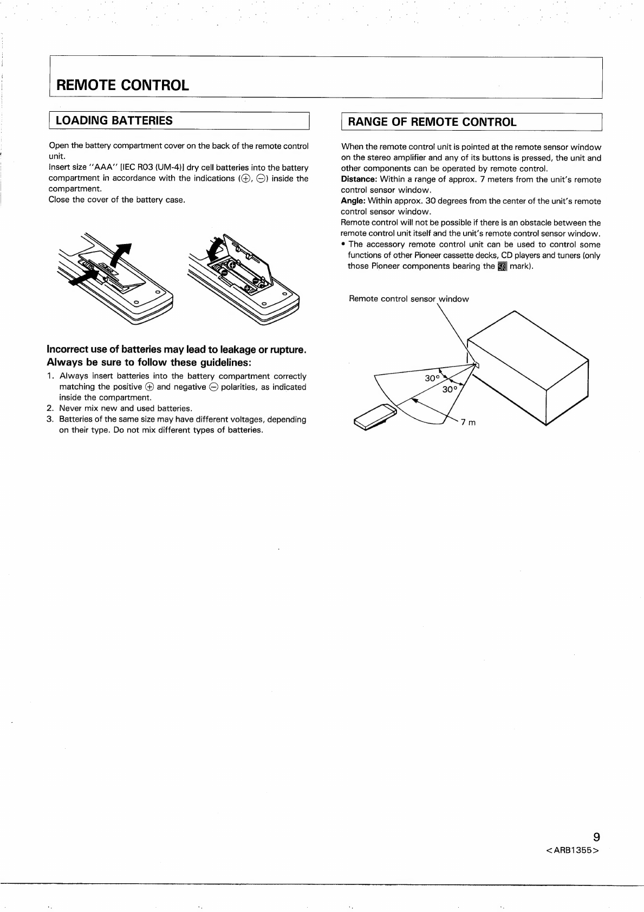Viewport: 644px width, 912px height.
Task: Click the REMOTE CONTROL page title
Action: [x=122, y=85]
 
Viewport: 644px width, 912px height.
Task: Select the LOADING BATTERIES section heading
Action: [x=114, y=120]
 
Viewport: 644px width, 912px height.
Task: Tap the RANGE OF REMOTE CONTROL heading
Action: [x=432, y=122]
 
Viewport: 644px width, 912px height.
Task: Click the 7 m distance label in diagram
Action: [x=469, y=422]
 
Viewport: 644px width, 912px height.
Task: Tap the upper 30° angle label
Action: [x=432, y=378]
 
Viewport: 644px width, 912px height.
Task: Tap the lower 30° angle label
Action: [x=450, y=390]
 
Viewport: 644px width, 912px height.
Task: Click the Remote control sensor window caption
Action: [x=409, y=299]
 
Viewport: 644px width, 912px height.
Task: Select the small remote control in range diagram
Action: [x=375, y=416]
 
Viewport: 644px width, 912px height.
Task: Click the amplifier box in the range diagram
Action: [x=528, y=368]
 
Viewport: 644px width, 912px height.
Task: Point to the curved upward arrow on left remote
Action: [x=122, y=256]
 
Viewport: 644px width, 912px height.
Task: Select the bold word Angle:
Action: [x=353, y=201]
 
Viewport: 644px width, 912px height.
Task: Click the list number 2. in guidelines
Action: [x=50, y=408]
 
